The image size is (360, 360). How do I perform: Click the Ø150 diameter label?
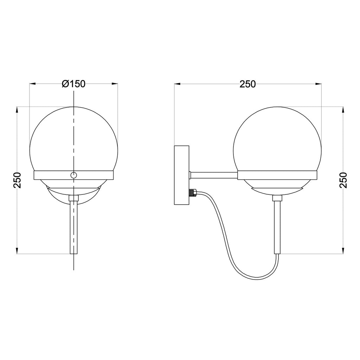click(x=73, y=84)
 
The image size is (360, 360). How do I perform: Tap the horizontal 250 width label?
click(x=247, y=84)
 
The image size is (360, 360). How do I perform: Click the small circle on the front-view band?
click(x=73, y=175)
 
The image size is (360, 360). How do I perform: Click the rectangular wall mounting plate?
click(x=182, y=175)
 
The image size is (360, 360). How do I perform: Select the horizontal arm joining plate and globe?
click(x=213, y=175)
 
